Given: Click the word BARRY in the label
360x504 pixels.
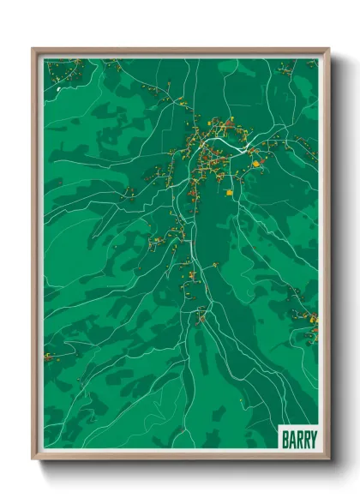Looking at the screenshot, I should click(x=299, y=438).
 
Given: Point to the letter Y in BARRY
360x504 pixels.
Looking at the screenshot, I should click(x=312, y=438).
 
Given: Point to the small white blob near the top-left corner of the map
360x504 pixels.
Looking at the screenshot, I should click(x=58, y=87).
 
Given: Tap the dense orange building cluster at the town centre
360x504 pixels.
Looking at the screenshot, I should click(x=210, y=154).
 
